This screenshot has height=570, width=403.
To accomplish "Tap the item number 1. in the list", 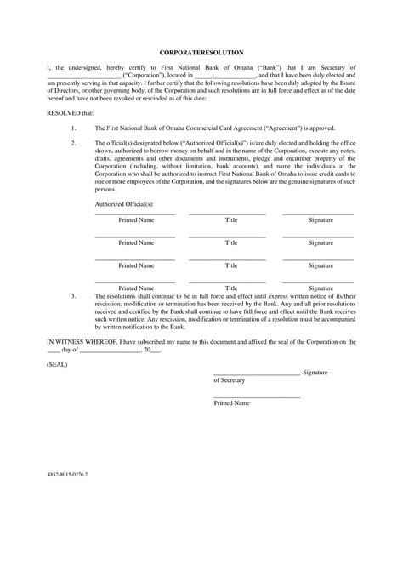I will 74,127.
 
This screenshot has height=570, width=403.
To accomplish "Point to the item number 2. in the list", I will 74,142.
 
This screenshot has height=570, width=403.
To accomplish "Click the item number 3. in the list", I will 74,296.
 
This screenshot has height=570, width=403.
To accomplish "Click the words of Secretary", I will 228,380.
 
